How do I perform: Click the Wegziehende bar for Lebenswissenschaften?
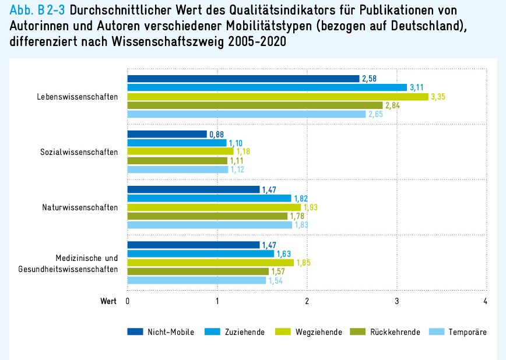[x=277, y=96]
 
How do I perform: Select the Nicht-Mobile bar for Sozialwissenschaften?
[x=167, y=134]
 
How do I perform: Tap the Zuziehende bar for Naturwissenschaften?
[x=209, y=198]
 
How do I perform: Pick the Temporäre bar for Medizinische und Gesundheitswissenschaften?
[x=196, y=280]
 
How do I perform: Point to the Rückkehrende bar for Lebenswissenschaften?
[x=255, y=105]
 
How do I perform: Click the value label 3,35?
[x=437, y=96]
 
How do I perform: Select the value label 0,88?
[x=216, y=134]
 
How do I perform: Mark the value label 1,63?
[x=283, y=254]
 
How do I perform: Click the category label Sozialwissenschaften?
[x=79, y=152]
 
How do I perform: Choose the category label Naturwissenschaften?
[x=80, y=207]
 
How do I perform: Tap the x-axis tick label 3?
[x=397, y=301]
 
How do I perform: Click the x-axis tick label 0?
[x=128, y=301]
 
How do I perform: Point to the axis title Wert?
[x=108, y=301]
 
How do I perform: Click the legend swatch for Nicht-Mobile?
[x=135, y=332]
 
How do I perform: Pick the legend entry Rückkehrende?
[x=395, y=332]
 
